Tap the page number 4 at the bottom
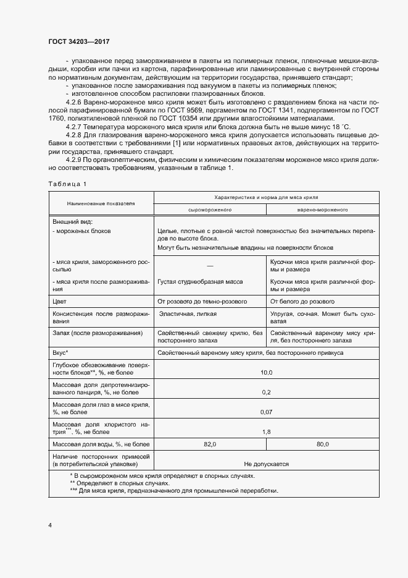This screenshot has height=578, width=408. pos(50,525)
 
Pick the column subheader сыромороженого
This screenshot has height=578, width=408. pos(209,210)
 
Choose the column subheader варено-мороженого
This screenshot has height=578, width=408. pos(322,210)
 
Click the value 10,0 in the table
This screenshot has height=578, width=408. pos(266,373)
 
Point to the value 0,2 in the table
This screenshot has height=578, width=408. pos(266,392)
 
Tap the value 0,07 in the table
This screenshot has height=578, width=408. pos(266,412)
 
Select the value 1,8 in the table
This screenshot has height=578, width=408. pos(266,432)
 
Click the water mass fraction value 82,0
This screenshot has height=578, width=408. pos(210,444)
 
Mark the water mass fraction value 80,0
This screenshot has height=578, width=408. pos(322,444)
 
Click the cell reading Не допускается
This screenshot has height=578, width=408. pos(266,464)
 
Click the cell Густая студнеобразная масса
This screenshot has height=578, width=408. pos(200,282)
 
